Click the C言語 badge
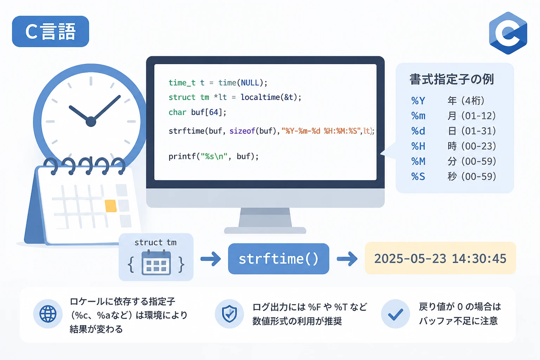click(50, 31)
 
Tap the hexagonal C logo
click(508, 33)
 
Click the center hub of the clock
click(91, 122)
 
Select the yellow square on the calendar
click(111, 206)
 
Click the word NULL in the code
click(250, 83)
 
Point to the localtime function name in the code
click(260, 97)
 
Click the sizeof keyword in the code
click(242, 131)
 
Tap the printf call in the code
click(213, 156)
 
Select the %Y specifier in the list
click(418, 101)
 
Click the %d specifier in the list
click(418, 131)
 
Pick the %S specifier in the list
click(418, 176)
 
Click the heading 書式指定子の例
click(452, 79)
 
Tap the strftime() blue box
click(278, 258)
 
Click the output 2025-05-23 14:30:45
click(440, 258)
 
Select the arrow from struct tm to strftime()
click(211, 259)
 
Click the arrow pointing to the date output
click(347, 259)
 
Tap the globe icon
click(48, 314)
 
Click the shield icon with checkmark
click(229, 314)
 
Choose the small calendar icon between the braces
click(156, 263)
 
